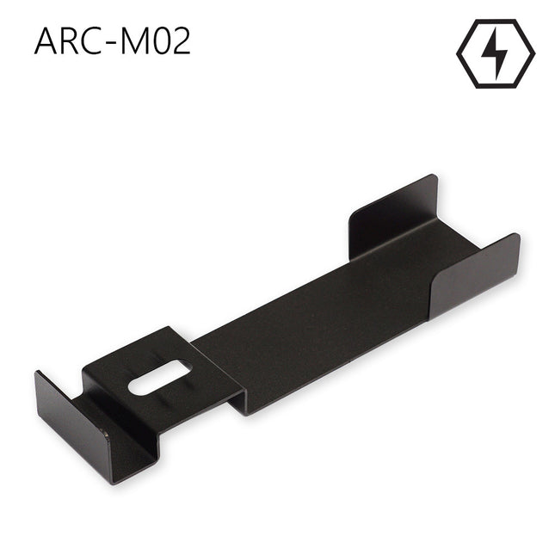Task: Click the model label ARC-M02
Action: pos(112,42)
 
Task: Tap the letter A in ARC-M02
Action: pos(47,42)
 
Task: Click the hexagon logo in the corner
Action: pos(495,53)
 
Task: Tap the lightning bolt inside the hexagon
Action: pos(495,53)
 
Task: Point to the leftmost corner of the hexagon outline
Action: pos(457,53)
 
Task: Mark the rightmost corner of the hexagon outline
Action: pos(533,53)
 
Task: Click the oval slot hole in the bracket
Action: pos(159,379)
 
